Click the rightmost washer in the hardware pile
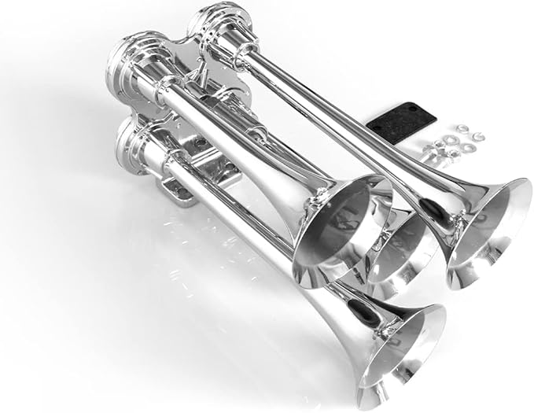(x=477, y=136)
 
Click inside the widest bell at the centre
(x=346, y=228)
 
